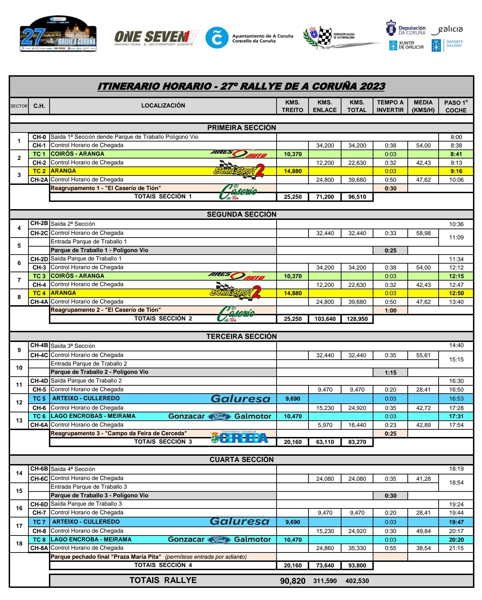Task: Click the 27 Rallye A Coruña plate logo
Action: point(58,34)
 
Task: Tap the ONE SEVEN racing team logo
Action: point(156,37)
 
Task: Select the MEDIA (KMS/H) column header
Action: point(423,106)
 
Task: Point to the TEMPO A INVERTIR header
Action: point(390,106)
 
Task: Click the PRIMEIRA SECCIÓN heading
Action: point(242,128)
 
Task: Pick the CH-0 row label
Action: point(39,137)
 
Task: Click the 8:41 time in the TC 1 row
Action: point(456,154)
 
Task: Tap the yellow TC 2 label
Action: point(39,171)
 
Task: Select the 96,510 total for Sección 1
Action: point(357,197)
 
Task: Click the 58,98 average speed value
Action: point(423,233)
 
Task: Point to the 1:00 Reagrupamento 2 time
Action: point(390,310)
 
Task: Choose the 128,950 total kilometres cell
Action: point(357,319)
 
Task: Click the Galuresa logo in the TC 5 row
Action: point(240,399)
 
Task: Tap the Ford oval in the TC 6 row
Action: point(219,417)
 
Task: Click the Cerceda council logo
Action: point(239,438)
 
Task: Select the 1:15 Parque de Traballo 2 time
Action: point(390,372)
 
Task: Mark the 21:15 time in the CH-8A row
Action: point(456,548)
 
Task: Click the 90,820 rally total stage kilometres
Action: point(293,581)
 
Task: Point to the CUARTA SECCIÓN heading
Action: point(242,460)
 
